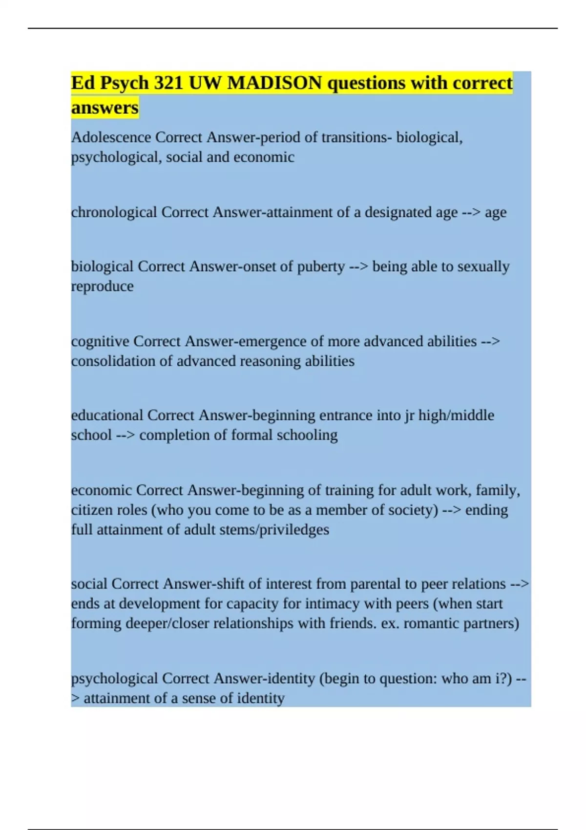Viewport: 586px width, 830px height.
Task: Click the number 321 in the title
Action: pyautogui.click(x=168, y=83)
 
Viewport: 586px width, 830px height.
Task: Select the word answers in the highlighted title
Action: pyautogui.click(x=105, y=107)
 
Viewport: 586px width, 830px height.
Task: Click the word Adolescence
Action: pyautogui.click(x=111, y=137)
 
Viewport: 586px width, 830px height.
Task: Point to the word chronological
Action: pyautogui.click(x=114, y=212)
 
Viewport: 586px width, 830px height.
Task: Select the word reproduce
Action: pyautogui.click(x=102, y=286)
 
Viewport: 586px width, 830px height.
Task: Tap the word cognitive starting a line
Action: pyautogui.click(x=100, y=341)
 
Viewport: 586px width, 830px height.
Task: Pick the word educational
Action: pyautogui.click(x=107, y=415)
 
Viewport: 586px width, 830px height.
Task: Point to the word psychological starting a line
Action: pyautogui.click(x=114, y=679)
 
